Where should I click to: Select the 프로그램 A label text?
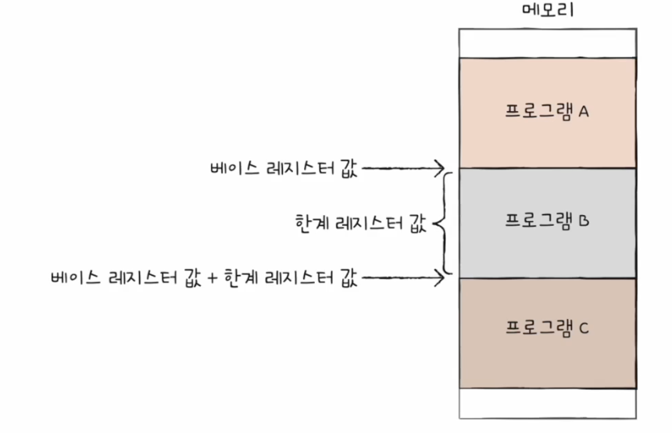pyautogui.click(x=547, y=111)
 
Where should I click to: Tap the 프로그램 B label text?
pyautogui.click(x=547, y=220)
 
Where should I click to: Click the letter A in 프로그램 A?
pyautogui.click(x=583, y=111)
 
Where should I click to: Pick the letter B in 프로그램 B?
pyautogui.click(x=583, y=220)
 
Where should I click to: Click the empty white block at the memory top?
pyautogui.click(x=547, y=42)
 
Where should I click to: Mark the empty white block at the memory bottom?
pyautogui.click(x=547, y=403)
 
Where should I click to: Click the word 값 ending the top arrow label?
pyautogui.click(x=349, y=168)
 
